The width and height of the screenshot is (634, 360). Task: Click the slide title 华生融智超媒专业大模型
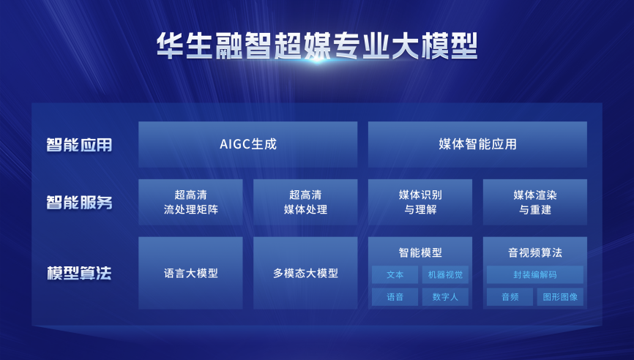[317, 46]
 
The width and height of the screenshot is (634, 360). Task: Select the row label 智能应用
[79, 145]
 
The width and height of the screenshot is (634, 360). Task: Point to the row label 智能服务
[79, 203]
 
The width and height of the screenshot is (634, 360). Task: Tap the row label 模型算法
[79, 273]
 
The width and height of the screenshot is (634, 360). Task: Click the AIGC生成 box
[248, 144]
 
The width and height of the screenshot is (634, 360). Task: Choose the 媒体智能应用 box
[477, 144]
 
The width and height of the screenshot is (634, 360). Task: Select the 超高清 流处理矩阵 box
[190, 202]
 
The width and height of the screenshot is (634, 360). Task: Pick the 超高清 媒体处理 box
[305, 202]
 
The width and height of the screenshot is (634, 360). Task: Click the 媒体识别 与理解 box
[420, 202]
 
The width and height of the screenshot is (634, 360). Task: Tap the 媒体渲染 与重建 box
[535, 202]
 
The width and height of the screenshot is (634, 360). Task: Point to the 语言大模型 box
[190, 273]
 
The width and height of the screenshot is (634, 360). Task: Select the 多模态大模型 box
[305, 273]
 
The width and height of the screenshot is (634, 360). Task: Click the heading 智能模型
[420, 253]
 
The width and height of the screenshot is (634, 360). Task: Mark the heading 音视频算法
[535, 253]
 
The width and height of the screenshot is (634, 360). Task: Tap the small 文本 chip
[395, 274]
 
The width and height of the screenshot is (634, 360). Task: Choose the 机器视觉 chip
[445, 274]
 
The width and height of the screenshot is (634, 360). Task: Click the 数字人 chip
[445, 297]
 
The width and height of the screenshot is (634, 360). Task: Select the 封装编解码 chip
[535, 274]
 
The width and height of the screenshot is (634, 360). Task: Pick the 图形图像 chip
[560, 297]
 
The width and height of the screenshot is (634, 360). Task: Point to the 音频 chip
[510, 297]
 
